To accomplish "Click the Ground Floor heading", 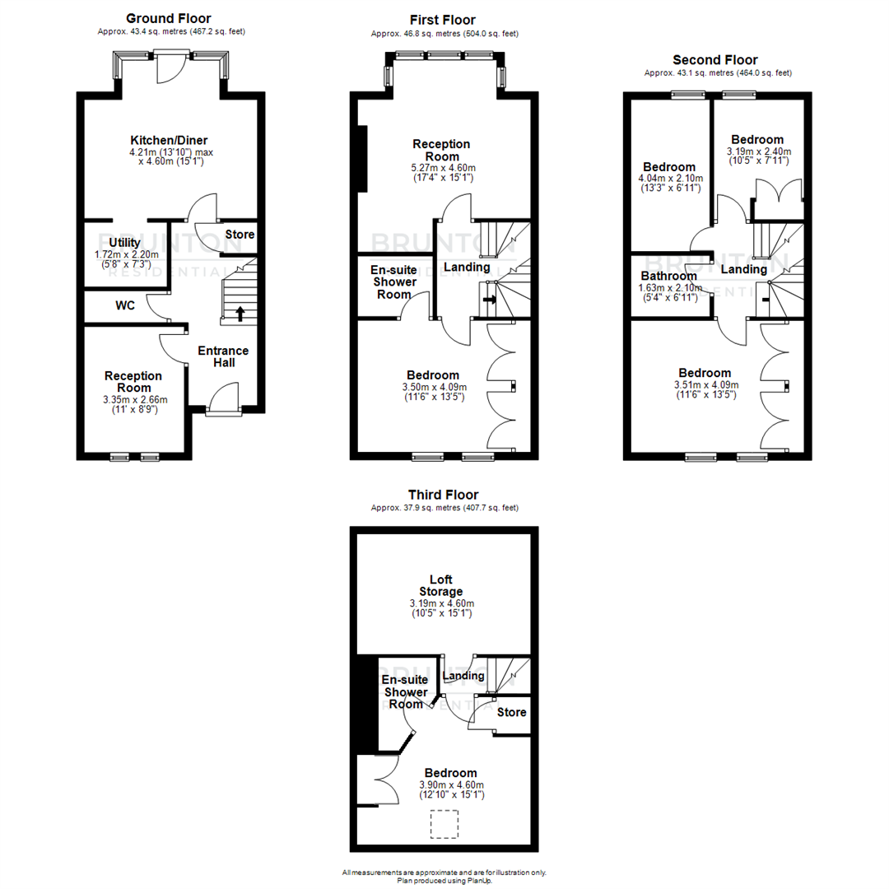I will pyautogui.click(x=169, y=18).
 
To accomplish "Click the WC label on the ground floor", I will pyautogui.click(x=125, y=305).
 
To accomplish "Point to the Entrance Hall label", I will pyautogui.click(x=223, y=356).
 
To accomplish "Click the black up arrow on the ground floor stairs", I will pyautogui.click(x=240, y=313).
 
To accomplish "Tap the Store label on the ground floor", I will pyautogui.click(x=240, y=235).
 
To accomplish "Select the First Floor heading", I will pyautogui.click(x=443, y=20).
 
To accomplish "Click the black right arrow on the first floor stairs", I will pyautogui.click(x=489, y=300).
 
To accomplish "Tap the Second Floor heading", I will pyautogui.click(x=715, y=60).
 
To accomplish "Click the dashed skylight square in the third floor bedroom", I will pyautogui.click(x=445, y=824).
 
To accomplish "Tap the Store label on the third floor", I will pyautogui.click(x=511, y=712).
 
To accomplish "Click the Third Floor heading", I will pyautogui.click(x=444, y=495).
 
